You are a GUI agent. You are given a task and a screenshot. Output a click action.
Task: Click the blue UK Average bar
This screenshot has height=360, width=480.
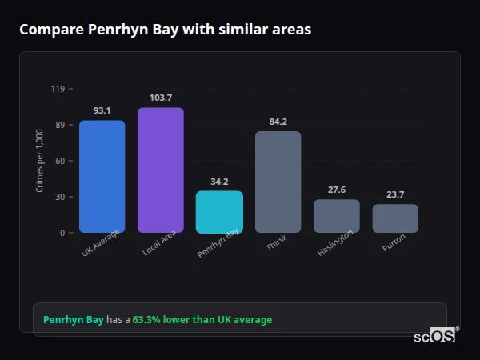102,177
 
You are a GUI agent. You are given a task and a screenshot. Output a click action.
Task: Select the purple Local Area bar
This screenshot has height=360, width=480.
161,170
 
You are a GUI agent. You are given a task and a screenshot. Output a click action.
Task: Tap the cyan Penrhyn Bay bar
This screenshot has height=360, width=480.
219,212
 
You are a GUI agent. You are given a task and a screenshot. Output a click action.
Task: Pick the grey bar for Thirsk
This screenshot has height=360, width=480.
278,182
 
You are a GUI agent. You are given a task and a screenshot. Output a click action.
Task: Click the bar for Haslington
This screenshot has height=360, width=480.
337,216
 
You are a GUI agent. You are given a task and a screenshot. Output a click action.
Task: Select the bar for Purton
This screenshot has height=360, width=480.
395,218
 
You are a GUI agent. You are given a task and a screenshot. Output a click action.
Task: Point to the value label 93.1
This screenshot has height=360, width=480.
102,110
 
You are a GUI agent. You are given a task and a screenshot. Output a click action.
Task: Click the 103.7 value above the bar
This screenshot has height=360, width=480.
161,98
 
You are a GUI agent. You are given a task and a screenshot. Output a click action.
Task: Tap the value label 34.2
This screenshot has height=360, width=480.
219,182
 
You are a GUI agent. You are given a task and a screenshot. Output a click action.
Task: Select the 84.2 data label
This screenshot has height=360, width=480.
278,122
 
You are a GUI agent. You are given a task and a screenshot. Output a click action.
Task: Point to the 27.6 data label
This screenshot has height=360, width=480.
337,190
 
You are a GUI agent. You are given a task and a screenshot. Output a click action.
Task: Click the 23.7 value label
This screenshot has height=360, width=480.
395,194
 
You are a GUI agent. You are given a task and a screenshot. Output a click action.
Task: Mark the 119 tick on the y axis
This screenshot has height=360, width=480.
58,89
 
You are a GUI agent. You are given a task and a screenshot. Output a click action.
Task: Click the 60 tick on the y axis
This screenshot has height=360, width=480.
59,161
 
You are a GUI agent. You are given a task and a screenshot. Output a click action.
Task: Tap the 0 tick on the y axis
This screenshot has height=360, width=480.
62,233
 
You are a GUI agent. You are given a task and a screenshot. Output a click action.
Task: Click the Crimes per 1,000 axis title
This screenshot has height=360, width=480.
40,162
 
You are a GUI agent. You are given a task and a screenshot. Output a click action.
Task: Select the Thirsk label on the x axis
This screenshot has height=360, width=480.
277,243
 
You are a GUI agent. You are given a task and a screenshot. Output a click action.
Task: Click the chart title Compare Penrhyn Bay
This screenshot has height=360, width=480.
166,30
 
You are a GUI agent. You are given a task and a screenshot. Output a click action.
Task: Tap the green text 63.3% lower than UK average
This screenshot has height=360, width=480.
202,320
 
